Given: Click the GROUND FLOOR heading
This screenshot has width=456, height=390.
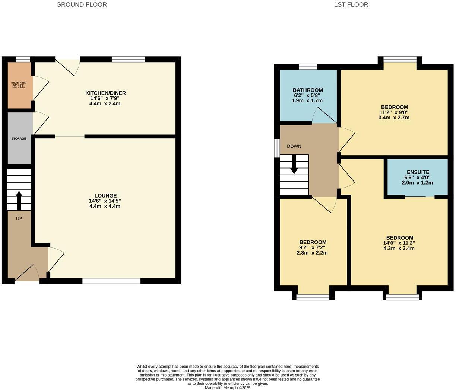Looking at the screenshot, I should (81, 5).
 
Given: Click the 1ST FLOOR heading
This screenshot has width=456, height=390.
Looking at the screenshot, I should (351, 5).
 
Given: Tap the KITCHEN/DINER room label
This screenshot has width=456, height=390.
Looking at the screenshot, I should (105, 93).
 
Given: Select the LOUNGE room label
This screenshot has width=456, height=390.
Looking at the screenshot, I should (105, 196).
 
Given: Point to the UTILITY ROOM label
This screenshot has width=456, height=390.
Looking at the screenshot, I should (19, 83).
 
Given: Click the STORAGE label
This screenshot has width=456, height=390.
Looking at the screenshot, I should (19, 138).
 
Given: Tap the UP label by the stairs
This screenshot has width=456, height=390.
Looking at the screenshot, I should (19, 219).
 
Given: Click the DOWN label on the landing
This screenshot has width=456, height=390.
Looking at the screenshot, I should (294, 146).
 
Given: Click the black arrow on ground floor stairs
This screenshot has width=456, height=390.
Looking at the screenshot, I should (19, 200).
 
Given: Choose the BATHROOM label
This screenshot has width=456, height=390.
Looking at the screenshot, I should (308, 90).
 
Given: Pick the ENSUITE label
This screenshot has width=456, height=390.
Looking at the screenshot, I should (418, 172).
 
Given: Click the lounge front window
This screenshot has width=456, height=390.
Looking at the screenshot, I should (111, 281).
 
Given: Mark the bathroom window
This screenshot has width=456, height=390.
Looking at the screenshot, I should (308, 67).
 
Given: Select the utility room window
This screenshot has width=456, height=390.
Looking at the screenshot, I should (23, 59).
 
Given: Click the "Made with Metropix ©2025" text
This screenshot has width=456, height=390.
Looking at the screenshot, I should (228, 387).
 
